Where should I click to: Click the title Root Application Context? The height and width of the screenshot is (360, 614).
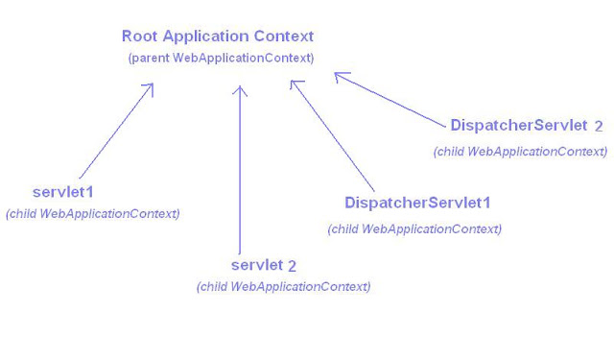(x=217, y=36)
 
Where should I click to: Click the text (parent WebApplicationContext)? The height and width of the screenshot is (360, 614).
(x=221, y=59)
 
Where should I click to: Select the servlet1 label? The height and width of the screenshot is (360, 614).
(x=62, y=192)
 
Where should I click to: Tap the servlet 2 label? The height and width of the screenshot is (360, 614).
(x=264, y=265)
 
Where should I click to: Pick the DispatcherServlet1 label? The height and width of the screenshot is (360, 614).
(x=417, y=204)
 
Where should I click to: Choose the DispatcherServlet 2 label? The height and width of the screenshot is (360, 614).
(x=527, y=126)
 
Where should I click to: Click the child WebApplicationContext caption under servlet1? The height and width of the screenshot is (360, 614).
(x=92, y=213)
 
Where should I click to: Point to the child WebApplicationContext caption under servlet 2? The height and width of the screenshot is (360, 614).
(x=283, y=286)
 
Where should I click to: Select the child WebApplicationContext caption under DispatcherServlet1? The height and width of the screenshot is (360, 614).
(x=414, y=228)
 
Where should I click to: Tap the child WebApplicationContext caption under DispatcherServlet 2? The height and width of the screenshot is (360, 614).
(x=520, y=151)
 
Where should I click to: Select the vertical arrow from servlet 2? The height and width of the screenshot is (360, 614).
(x=240, y=173)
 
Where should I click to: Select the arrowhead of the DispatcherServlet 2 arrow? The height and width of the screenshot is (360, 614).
(x=340, y=77)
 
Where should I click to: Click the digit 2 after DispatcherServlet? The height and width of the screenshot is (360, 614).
(x=599, y=126)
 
